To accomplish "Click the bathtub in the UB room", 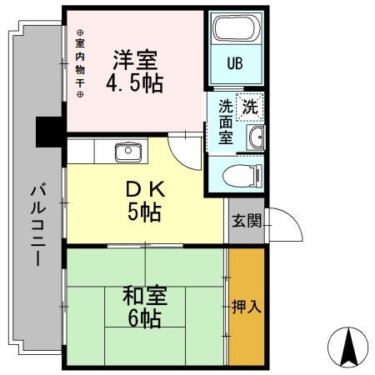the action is point(236,28).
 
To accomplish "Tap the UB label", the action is point(235,63).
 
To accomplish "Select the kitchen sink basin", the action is point(127,152).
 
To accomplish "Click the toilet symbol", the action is point(242,176).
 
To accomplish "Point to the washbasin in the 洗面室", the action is point(256,137).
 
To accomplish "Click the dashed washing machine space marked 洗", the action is point(250,107).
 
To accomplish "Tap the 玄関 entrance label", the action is point(247,221).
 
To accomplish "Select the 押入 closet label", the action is point(247,307).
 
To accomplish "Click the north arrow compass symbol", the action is point(347,347).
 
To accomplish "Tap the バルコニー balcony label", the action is point(37,224).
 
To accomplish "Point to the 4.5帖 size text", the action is point(135,82).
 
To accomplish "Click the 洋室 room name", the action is point(135,59).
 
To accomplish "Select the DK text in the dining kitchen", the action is point(145,190).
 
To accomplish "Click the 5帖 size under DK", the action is point(144,212).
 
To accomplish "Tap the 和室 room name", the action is point(145,296).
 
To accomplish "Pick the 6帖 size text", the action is point(145,318).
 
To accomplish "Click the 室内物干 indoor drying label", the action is point(80,63).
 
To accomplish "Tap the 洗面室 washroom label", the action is point(226,122).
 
